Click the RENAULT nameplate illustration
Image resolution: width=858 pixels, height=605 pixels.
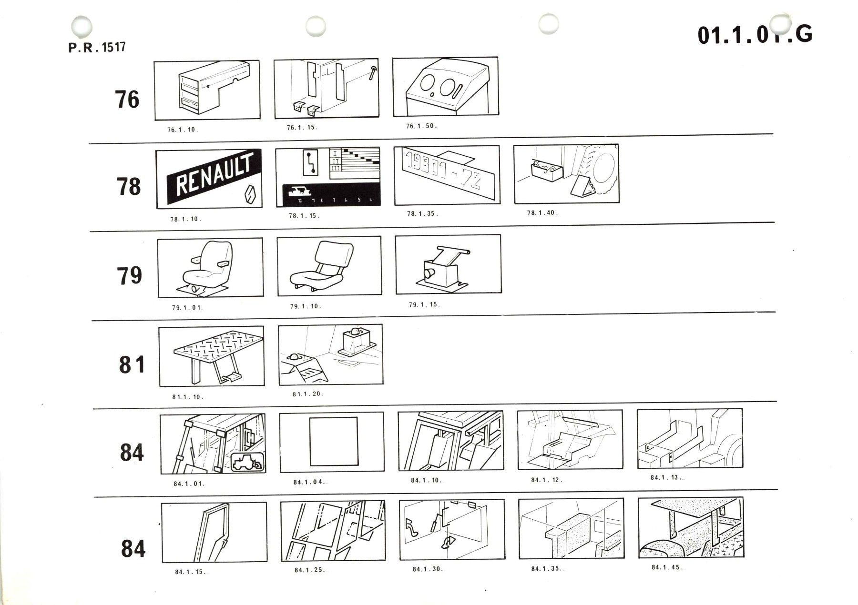(x=214, y=176)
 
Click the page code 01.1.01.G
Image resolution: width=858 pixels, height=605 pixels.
(x=755, y=34)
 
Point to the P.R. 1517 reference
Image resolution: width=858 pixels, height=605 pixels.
(x=97, y=48)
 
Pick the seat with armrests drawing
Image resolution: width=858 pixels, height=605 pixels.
(x=210, y=267)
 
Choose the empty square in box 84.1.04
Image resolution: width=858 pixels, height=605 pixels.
(x=333, y=442)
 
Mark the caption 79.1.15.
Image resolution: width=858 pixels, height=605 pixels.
(x=424, y=304)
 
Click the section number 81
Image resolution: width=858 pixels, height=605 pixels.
(x=132, y=365)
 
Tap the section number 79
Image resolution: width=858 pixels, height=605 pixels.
(x=129, y=275)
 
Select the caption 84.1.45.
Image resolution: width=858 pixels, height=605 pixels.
(x=666, y=567)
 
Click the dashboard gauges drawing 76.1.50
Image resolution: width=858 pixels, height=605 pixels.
(x=446, y=87)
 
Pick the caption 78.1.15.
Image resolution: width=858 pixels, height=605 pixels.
(x=304, y=216)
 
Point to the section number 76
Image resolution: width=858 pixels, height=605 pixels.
(x=127, y=100)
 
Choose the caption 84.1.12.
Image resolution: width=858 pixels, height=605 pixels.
(x=546, y=480)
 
